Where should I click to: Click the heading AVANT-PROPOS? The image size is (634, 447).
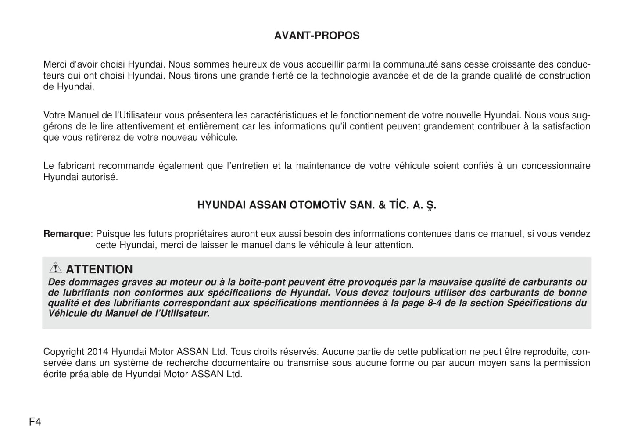click(x=316, y=36)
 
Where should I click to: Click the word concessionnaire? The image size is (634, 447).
click(x=555, y=166)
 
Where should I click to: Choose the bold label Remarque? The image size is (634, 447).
click(x=66, y=234)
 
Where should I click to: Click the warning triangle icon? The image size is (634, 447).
click(x=55, y=268)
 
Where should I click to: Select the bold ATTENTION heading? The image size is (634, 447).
click(x=99, y=269)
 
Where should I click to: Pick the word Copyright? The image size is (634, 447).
click(x=64, y=352)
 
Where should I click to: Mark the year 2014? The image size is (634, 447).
click(x=97, y=352)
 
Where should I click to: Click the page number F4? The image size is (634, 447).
click(x=35, y=422)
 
